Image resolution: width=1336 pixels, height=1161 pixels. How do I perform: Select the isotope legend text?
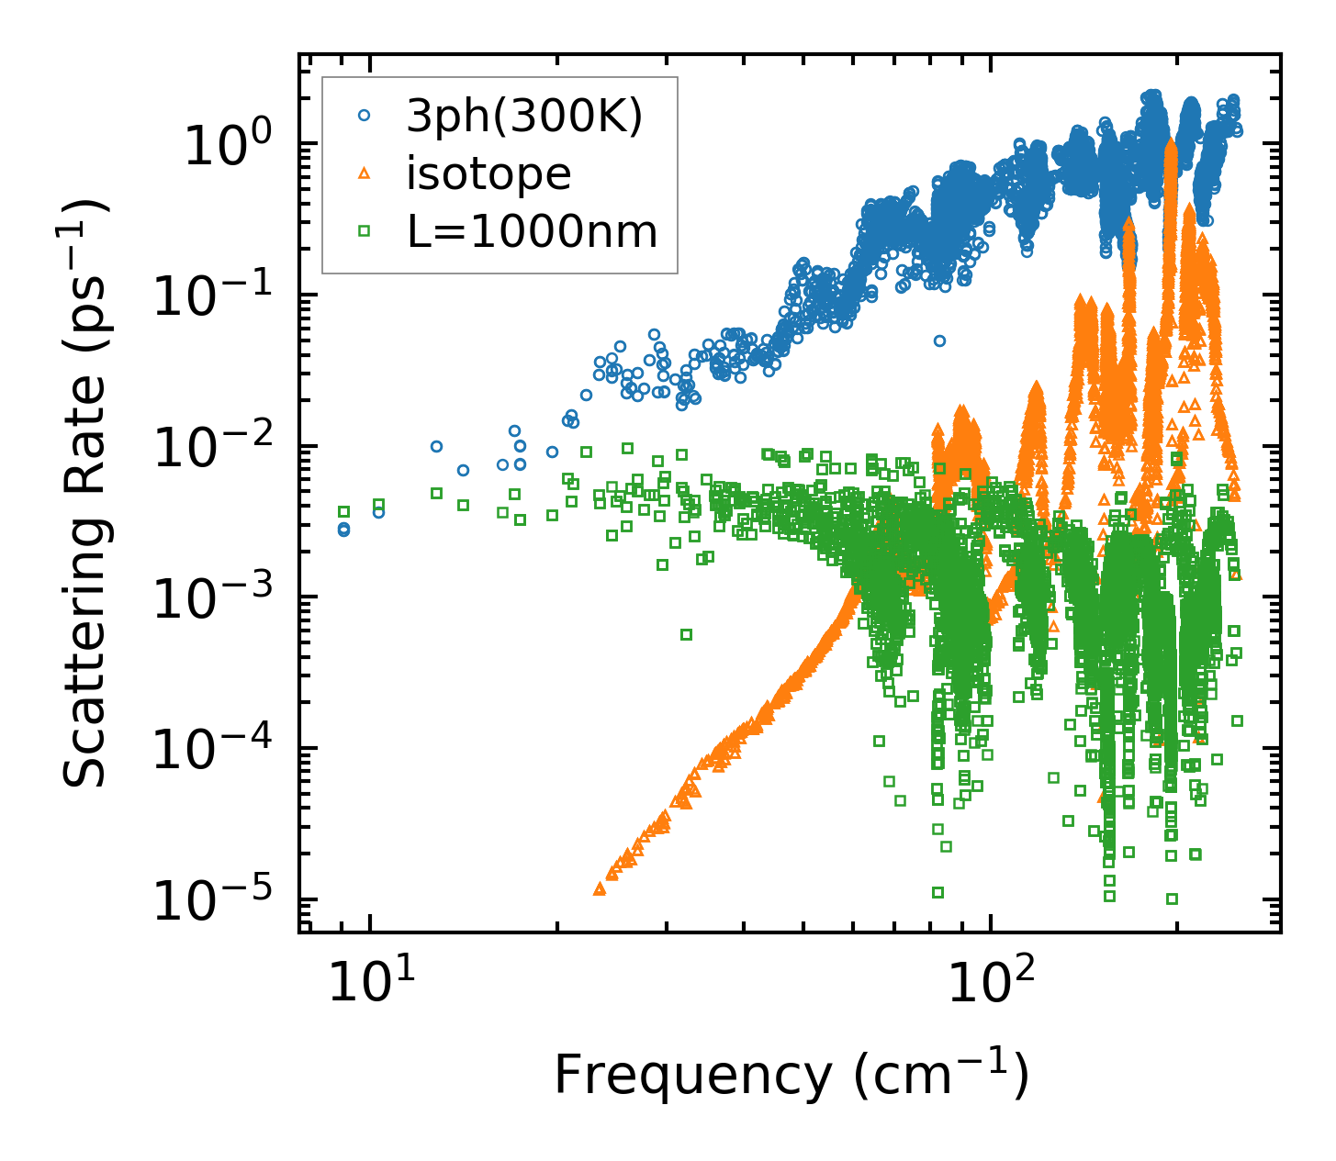click(x=488, y=173)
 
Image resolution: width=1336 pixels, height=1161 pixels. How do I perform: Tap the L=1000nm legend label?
click(x=533, y=232)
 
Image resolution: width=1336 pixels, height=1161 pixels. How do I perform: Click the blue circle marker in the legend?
click(x=365, y=117)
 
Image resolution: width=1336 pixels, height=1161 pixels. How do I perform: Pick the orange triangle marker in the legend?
click(x=365, y=173)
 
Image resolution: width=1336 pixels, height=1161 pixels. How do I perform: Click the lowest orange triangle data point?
click(x=600, y=888)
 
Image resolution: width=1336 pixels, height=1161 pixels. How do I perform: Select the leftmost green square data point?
click(x=344, y=511)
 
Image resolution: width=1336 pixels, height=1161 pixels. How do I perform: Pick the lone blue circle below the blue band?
click(x=939, y=340)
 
